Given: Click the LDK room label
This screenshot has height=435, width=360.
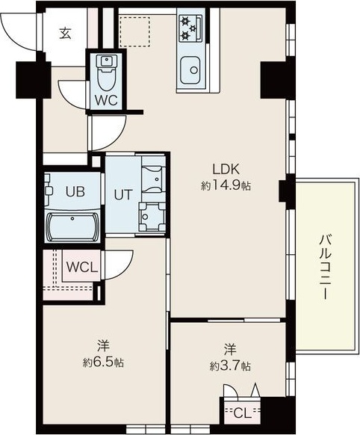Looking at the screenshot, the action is tap(226, 169).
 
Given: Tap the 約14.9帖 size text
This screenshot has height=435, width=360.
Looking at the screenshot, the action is tap(226, 185).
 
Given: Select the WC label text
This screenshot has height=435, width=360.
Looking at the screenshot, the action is tap(106, 100).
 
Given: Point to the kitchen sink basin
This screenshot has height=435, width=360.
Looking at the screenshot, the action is tap(190, 70).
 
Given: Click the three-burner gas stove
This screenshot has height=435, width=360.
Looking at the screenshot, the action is tap(190, 28).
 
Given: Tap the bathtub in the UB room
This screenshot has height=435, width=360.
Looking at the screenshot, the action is tap(73, 227).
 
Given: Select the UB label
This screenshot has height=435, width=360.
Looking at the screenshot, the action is tap(75, 191).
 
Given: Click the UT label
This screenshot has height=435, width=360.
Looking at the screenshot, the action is tap(123, 194).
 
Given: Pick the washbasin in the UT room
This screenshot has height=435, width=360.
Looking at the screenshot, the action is tap(154, 179).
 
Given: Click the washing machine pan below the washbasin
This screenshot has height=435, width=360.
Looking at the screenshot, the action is tap(152, 217).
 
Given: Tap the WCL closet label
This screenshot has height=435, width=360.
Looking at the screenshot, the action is tap(82, 267).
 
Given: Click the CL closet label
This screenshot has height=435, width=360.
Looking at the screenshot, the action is tap(242, 413).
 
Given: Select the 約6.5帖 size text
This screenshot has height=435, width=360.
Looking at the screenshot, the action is tap(103, 362).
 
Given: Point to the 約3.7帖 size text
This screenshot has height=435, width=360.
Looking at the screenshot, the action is tap(231, 366).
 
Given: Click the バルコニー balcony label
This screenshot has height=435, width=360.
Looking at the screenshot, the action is tap(325, 267).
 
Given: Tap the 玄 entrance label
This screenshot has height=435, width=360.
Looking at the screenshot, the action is tap(65, 34).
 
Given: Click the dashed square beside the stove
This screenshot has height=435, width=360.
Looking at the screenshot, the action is tap(134, 31).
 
